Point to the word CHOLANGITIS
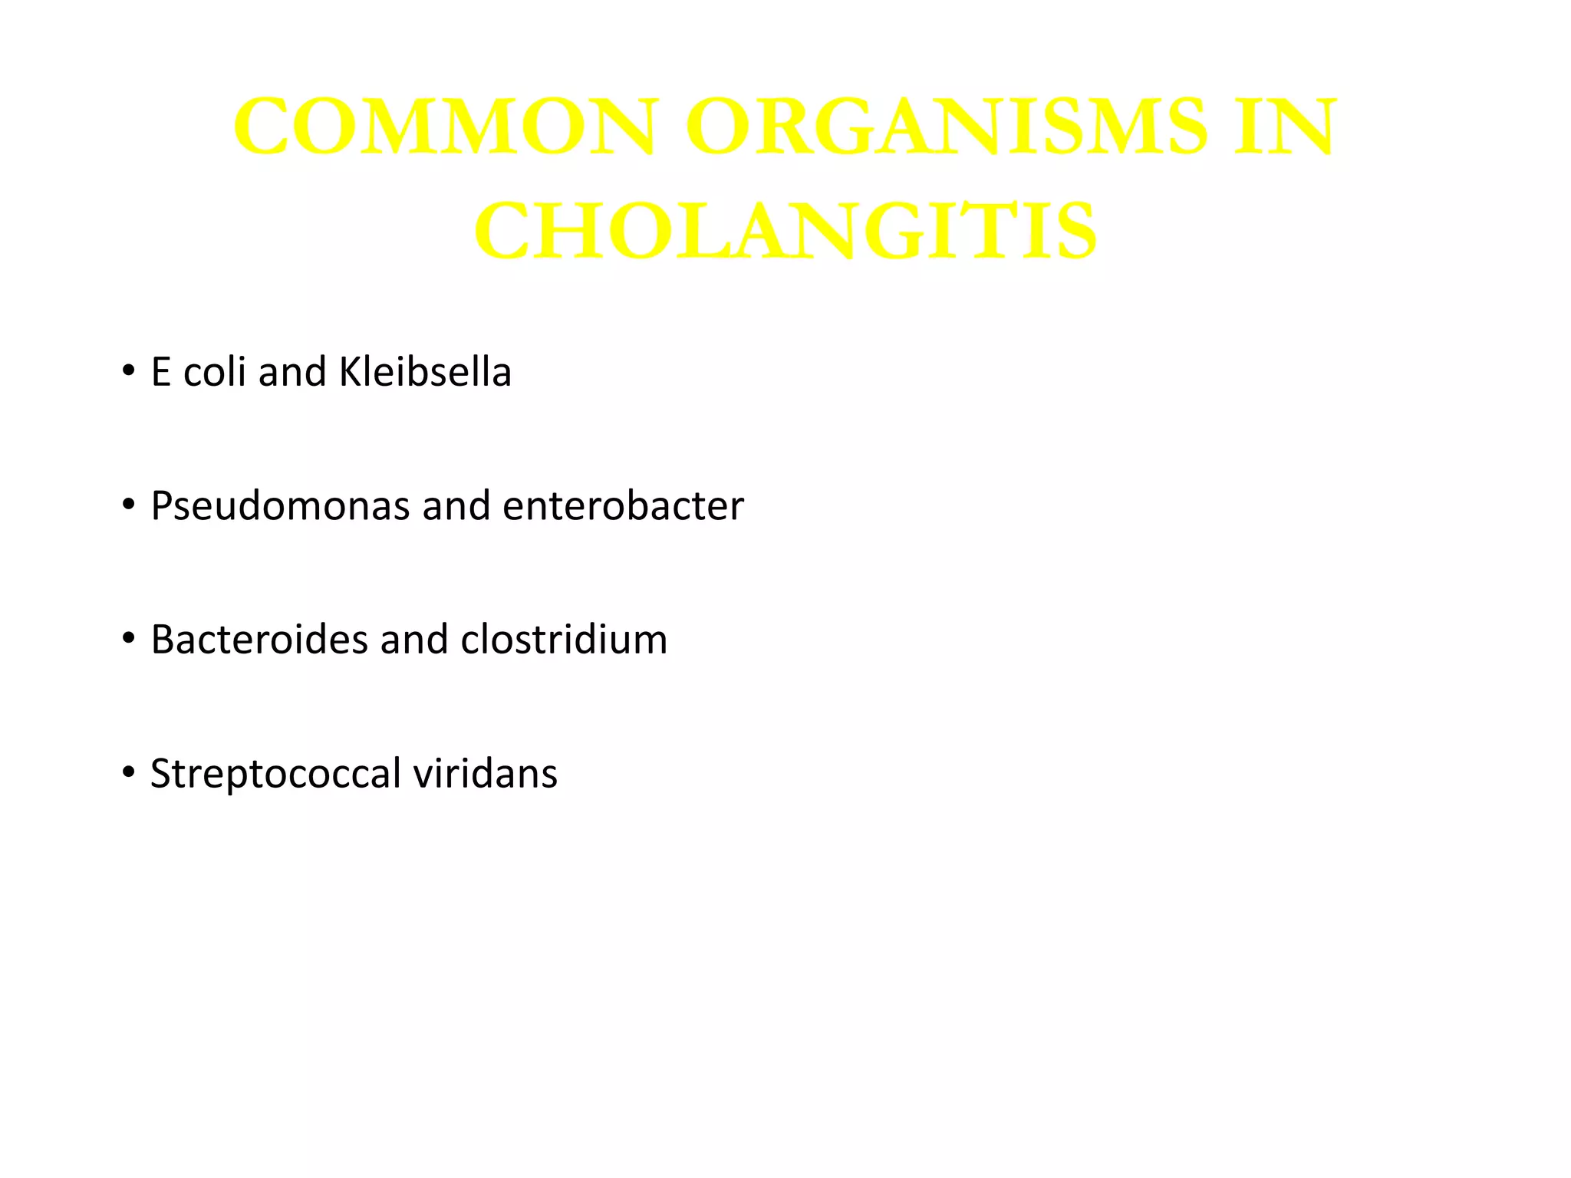click(x=785, y=231)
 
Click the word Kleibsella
click(x=425, y=372)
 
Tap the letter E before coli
click(x=160, y=373)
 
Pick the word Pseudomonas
click(x=280, y=506)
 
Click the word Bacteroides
click(x=259, y=640)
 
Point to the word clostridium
click(x=564, y=640)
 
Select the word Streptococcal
click(x=275, y=774)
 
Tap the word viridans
click(x=485, y=773)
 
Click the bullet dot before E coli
click(x=128, y=372)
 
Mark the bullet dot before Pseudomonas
click(x=128, y=505)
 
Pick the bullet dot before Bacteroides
click(x=128, y=639)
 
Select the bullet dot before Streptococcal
click(x=128, y=772)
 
